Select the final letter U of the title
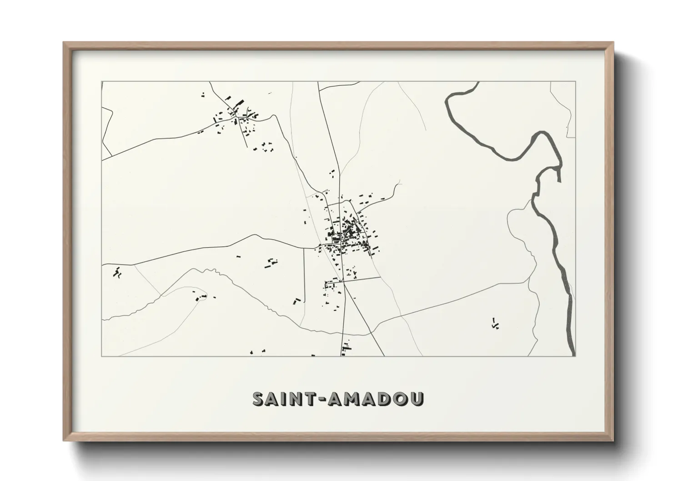click(x=417, y=399)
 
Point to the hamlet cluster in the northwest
click(x=236, y=119)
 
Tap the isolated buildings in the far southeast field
click(x=495, y=323)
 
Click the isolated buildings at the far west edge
click(x=117, y=273)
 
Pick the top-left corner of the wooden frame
click(x=64, y=43)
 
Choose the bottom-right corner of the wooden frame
click(x=613, y=441)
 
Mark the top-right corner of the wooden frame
click(x=613, y=43)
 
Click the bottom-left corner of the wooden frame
click(x=64, y=441)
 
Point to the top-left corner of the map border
click(x=102, y=82)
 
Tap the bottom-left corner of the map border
click(x=102, y=356)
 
